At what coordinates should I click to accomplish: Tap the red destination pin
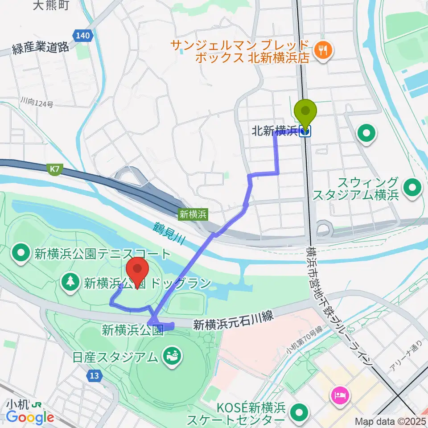coord(138,270)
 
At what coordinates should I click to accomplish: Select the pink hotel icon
coord(341,394)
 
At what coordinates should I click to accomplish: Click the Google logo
coord(30,417)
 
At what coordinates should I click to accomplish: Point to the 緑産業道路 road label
coord(41,48)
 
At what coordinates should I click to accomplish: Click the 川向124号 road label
coord(36,103)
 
